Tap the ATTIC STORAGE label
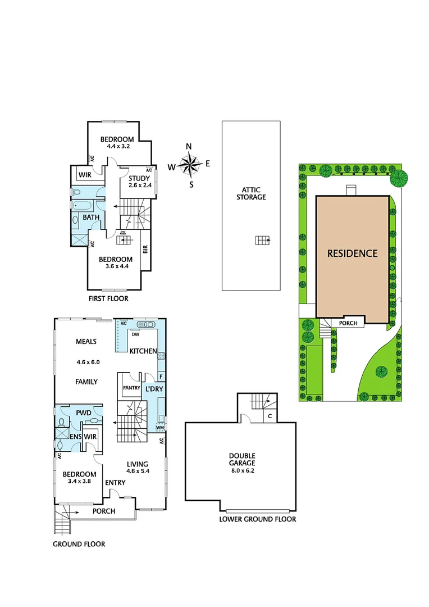pyautogui.click(x=250, y=193)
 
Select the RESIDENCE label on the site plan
pyautogui.click(x=352, y=253)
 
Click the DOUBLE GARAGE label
pyautogui.click(x=242, y=459)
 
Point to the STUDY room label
pyautogui.click(x=139, y=179)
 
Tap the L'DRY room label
pyautogui.click(x=154, y=389)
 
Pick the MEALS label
pyautogui.click(x=86, y=342)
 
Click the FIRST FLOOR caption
pyautogui.click(x=108, y=299)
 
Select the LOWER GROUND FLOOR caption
pyautogui.click(x=257, y=519)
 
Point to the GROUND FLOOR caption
pyautogui.click(x=79, y=544)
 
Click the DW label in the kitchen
pyautogui.click(x=135, y=334)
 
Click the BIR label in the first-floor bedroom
pyautogui.click(x=145, y=248)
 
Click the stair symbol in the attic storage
pyautogui.click(x=262, y=241)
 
